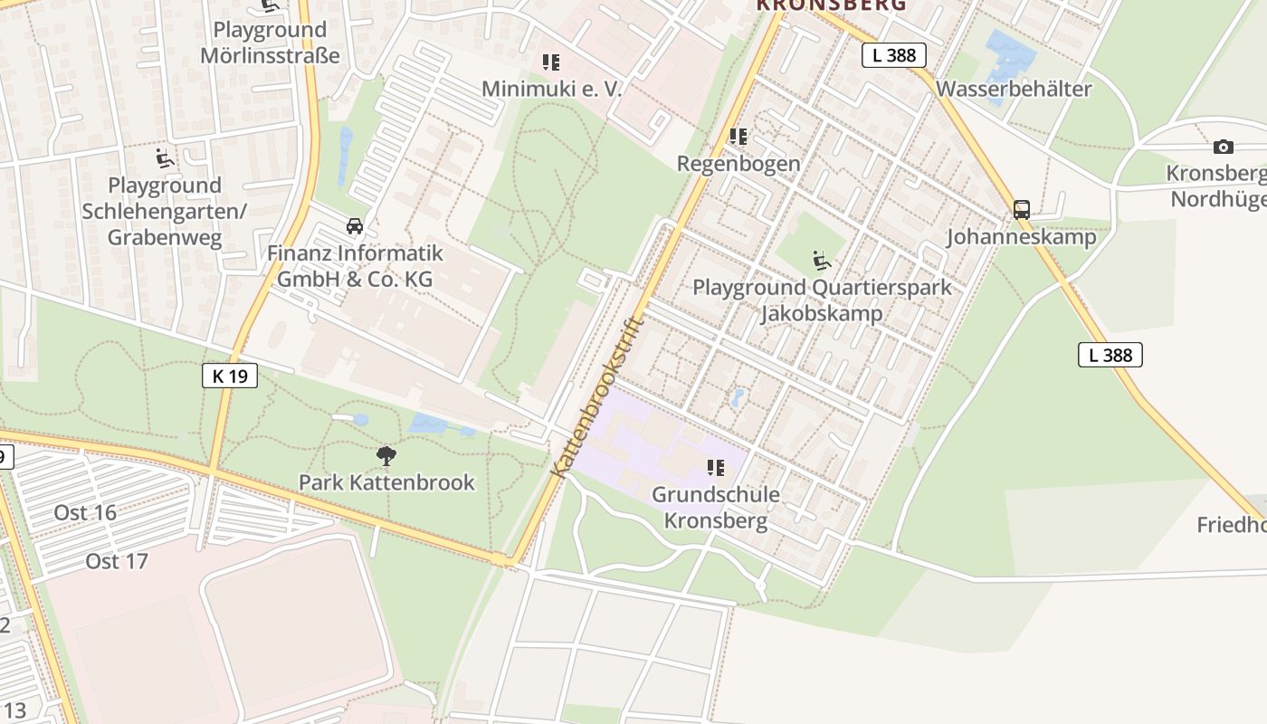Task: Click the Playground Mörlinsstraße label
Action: (270, 43)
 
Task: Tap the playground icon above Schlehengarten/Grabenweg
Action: (164, 158)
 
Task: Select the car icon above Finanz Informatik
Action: (355, 225)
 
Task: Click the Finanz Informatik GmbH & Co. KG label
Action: (355, 266)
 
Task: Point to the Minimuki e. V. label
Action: (552, 89)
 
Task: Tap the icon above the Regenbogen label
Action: (738, 137)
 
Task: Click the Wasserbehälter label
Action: (1014, 89)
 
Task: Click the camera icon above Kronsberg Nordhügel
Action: (1223, 147)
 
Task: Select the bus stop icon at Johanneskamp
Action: (1022, 210)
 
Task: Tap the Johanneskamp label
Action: (1022, 237)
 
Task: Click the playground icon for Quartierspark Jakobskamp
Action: (822, 262)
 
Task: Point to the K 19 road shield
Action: (230, 375)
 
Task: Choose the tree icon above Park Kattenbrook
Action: (386, 455)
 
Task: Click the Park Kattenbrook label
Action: (386, 482)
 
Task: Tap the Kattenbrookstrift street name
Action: (598, 395)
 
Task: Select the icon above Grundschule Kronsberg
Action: (716, 468)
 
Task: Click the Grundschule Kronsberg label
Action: (716, 508)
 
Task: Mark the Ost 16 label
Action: (85, 512)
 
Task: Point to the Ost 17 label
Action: (117, 561)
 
